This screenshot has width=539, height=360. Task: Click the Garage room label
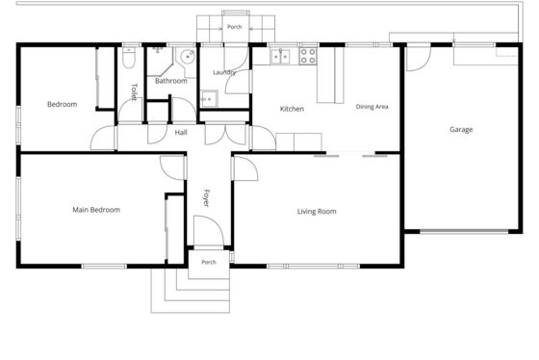coord(461,130)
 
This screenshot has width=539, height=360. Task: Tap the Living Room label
coord(317,212)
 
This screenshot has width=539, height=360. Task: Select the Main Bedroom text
coord(96,210)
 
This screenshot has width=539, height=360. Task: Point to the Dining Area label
coord(372,107)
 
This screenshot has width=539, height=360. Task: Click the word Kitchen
coord(292,109)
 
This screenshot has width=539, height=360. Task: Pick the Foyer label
coord(206,198)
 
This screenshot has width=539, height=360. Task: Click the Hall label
coord(181,133)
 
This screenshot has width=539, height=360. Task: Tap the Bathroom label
coord(171,81)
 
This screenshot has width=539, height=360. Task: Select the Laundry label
coord(224,72)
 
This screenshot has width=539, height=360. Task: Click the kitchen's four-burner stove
coord(308,56)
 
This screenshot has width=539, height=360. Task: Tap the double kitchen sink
coord(280,57)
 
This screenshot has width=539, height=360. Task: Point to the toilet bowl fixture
coord(129,58)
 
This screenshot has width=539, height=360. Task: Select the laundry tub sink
coord(209,99)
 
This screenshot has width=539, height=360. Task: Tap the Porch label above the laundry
coord(235,27)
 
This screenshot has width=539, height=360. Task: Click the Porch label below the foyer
coord(209,262)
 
